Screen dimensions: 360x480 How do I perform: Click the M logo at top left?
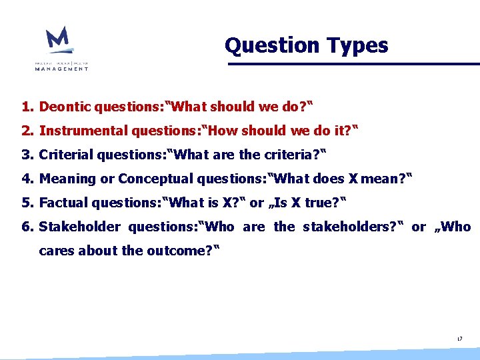58,40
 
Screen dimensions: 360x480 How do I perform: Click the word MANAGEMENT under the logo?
61,68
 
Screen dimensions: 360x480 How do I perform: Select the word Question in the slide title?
263,45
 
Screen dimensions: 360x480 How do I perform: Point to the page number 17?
459,339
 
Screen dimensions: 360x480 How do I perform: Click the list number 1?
27,107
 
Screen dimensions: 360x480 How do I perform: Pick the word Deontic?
65,107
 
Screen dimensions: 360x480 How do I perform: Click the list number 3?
27,155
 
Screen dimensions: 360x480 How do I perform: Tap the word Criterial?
66,155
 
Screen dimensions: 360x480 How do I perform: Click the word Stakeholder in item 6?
80,227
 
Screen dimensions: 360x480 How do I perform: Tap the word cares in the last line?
57,251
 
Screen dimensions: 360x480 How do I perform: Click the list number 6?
27,227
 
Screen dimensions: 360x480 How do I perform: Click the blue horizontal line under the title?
353,64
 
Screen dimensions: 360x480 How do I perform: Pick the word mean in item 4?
383,179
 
